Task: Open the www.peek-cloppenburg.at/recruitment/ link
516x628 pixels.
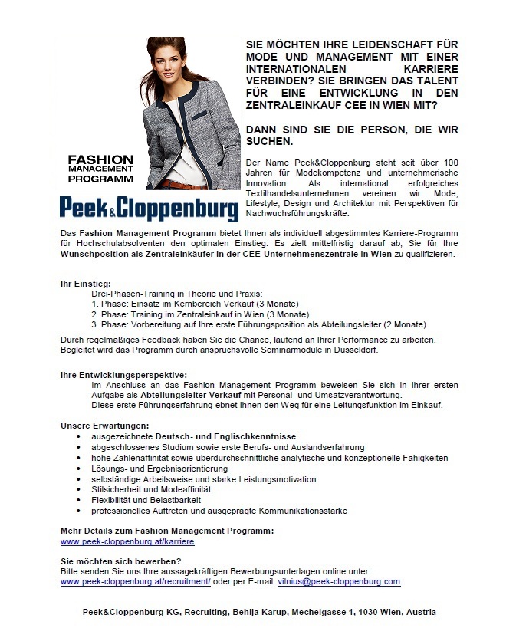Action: pos(136,582)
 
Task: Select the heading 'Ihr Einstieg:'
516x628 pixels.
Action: pos(86,284)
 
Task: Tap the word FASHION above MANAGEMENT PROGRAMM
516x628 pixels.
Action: pos(100,159)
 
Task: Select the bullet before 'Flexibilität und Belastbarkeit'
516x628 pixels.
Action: pos(79,501)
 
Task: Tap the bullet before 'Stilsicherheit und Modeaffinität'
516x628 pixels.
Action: pos(79,490)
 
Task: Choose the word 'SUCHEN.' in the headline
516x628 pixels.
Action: pos(269,142)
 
